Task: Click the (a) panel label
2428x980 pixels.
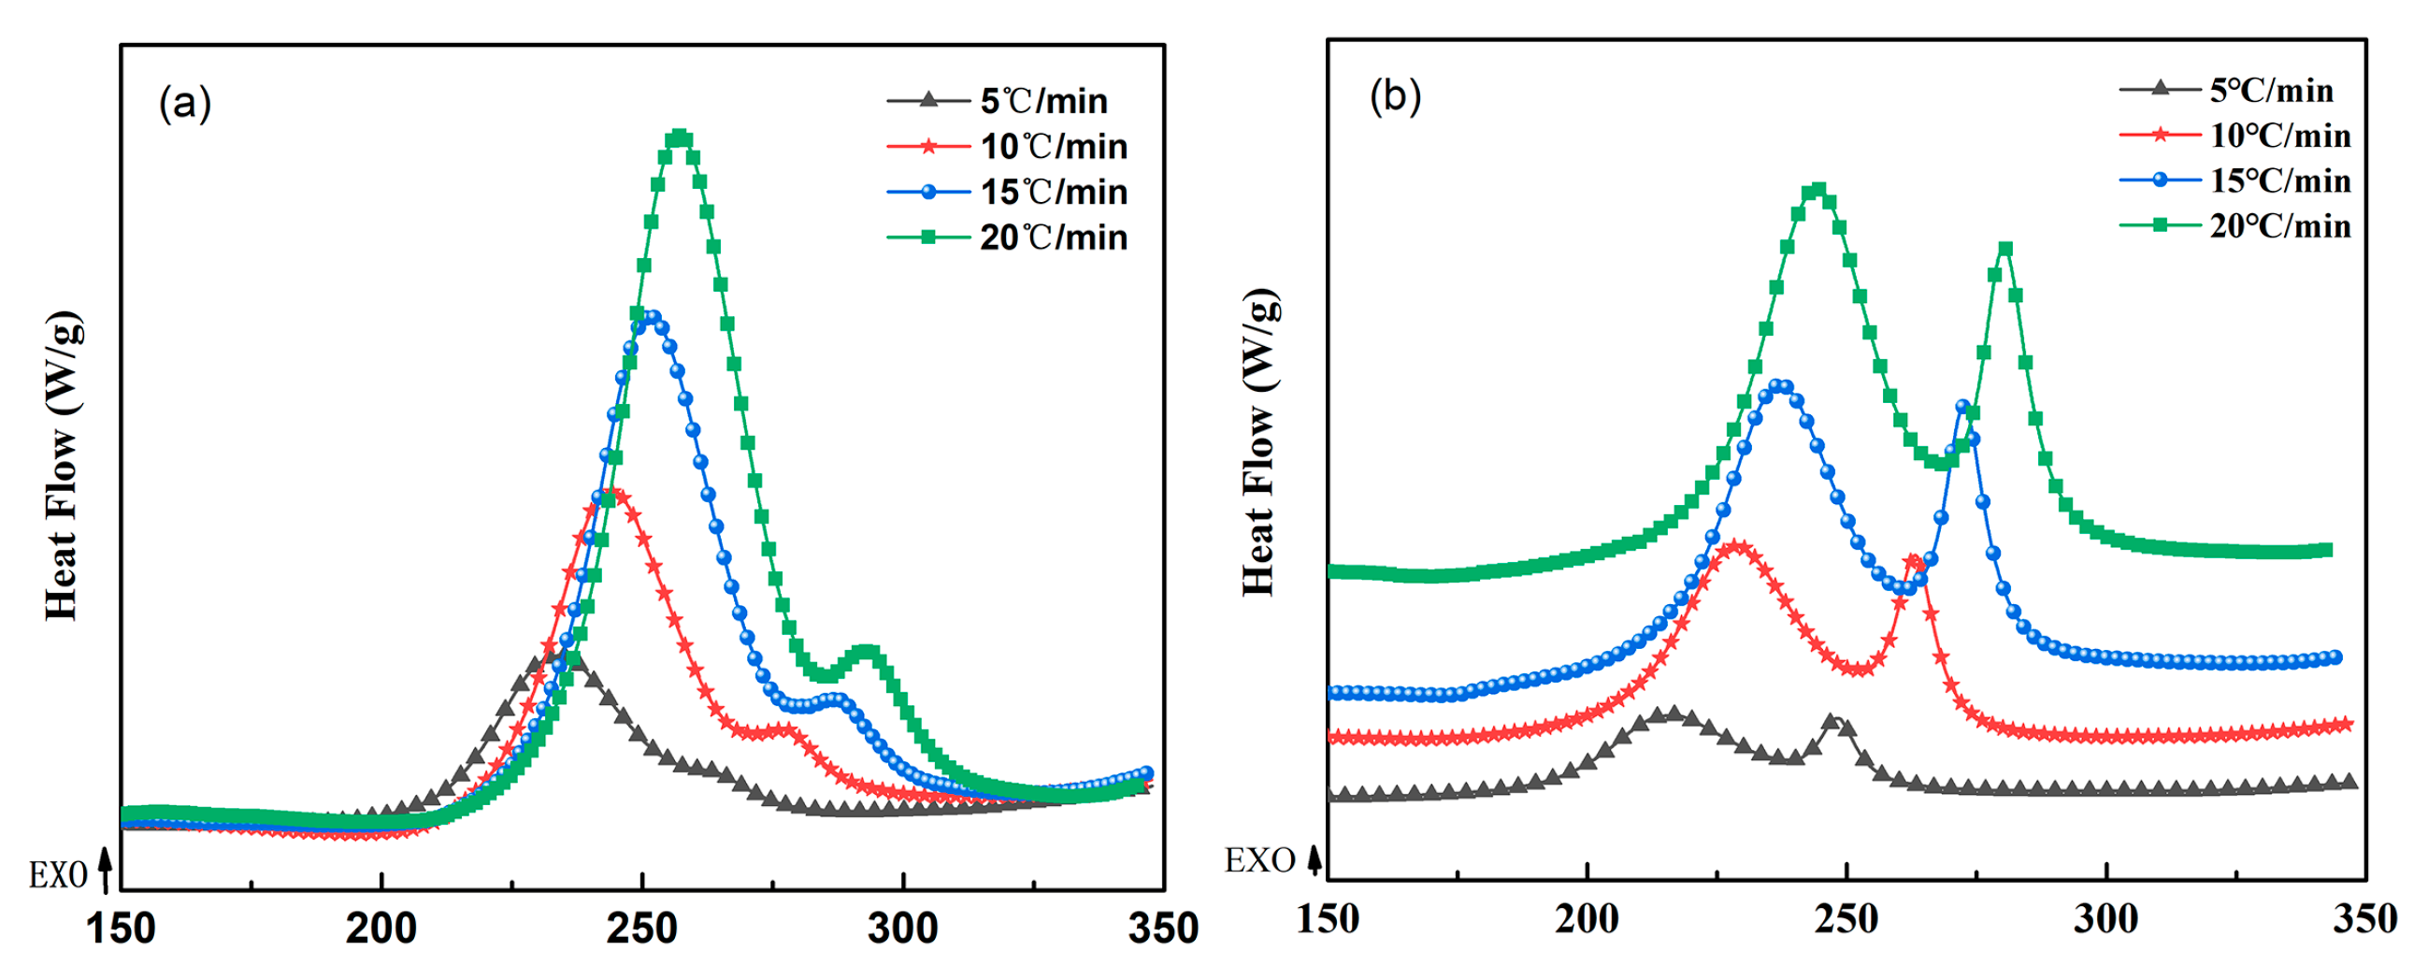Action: (185, 102)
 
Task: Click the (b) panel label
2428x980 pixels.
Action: (1395, 96)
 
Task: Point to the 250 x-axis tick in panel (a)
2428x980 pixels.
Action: (642, 929)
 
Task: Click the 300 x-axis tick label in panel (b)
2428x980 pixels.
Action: (2105, 917)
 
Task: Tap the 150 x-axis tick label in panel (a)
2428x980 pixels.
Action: (121, 929)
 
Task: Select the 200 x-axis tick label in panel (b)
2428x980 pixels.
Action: (1588, 917)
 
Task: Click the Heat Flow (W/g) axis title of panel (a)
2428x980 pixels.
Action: (63, 466)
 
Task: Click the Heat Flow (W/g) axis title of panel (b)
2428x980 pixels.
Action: (1259, 443)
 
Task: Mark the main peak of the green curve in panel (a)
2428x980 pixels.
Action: (680, 139)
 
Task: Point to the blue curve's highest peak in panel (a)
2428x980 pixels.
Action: (650, 319)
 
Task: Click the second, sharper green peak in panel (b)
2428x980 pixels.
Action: (2004, 249)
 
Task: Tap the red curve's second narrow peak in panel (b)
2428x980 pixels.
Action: (1913, 562)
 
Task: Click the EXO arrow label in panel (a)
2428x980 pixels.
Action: (71, 873)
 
